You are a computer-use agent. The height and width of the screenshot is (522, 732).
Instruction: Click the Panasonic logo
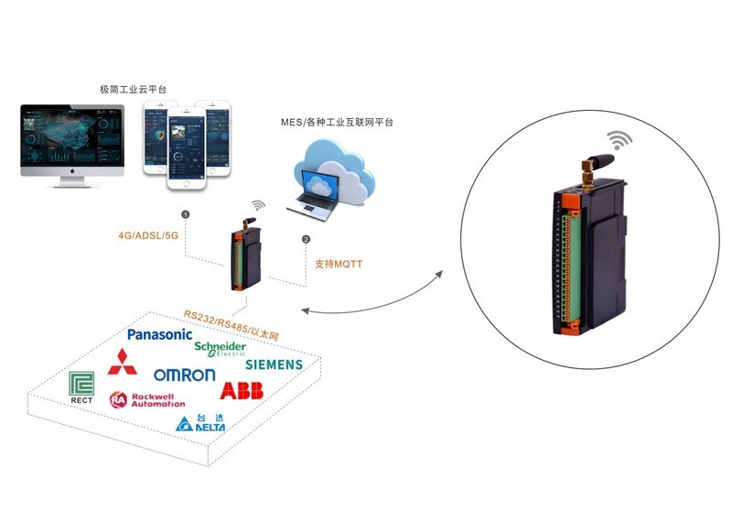pyautogui.click(x=160, y=335)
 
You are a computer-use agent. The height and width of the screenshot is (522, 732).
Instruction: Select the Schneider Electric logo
pyautogui.click(x=220, y=349)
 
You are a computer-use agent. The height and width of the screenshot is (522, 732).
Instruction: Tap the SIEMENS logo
pyautogui.click(x=274, y=364)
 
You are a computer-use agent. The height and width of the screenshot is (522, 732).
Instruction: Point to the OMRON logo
pyautogui.click(x=184, y=375)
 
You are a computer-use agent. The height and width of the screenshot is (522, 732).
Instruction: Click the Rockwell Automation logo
pyautogui.click(x=147, y=400)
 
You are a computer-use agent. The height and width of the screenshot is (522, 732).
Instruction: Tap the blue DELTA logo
pyautogui.click(x=199, y=423)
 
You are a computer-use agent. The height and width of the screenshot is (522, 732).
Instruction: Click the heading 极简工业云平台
pyautogui.click(x=134, y=89)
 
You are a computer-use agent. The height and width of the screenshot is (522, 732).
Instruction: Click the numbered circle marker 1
pyautogui.click(x=186, y=214)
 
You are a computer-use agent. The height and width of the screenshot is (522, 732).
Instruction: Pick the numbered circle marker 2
pyautogui.click(x=306, y=240)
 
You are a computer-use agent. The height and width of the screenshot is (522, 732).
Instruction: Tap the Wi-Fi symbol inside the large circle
pyautogui.click(x=621, y=140)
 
